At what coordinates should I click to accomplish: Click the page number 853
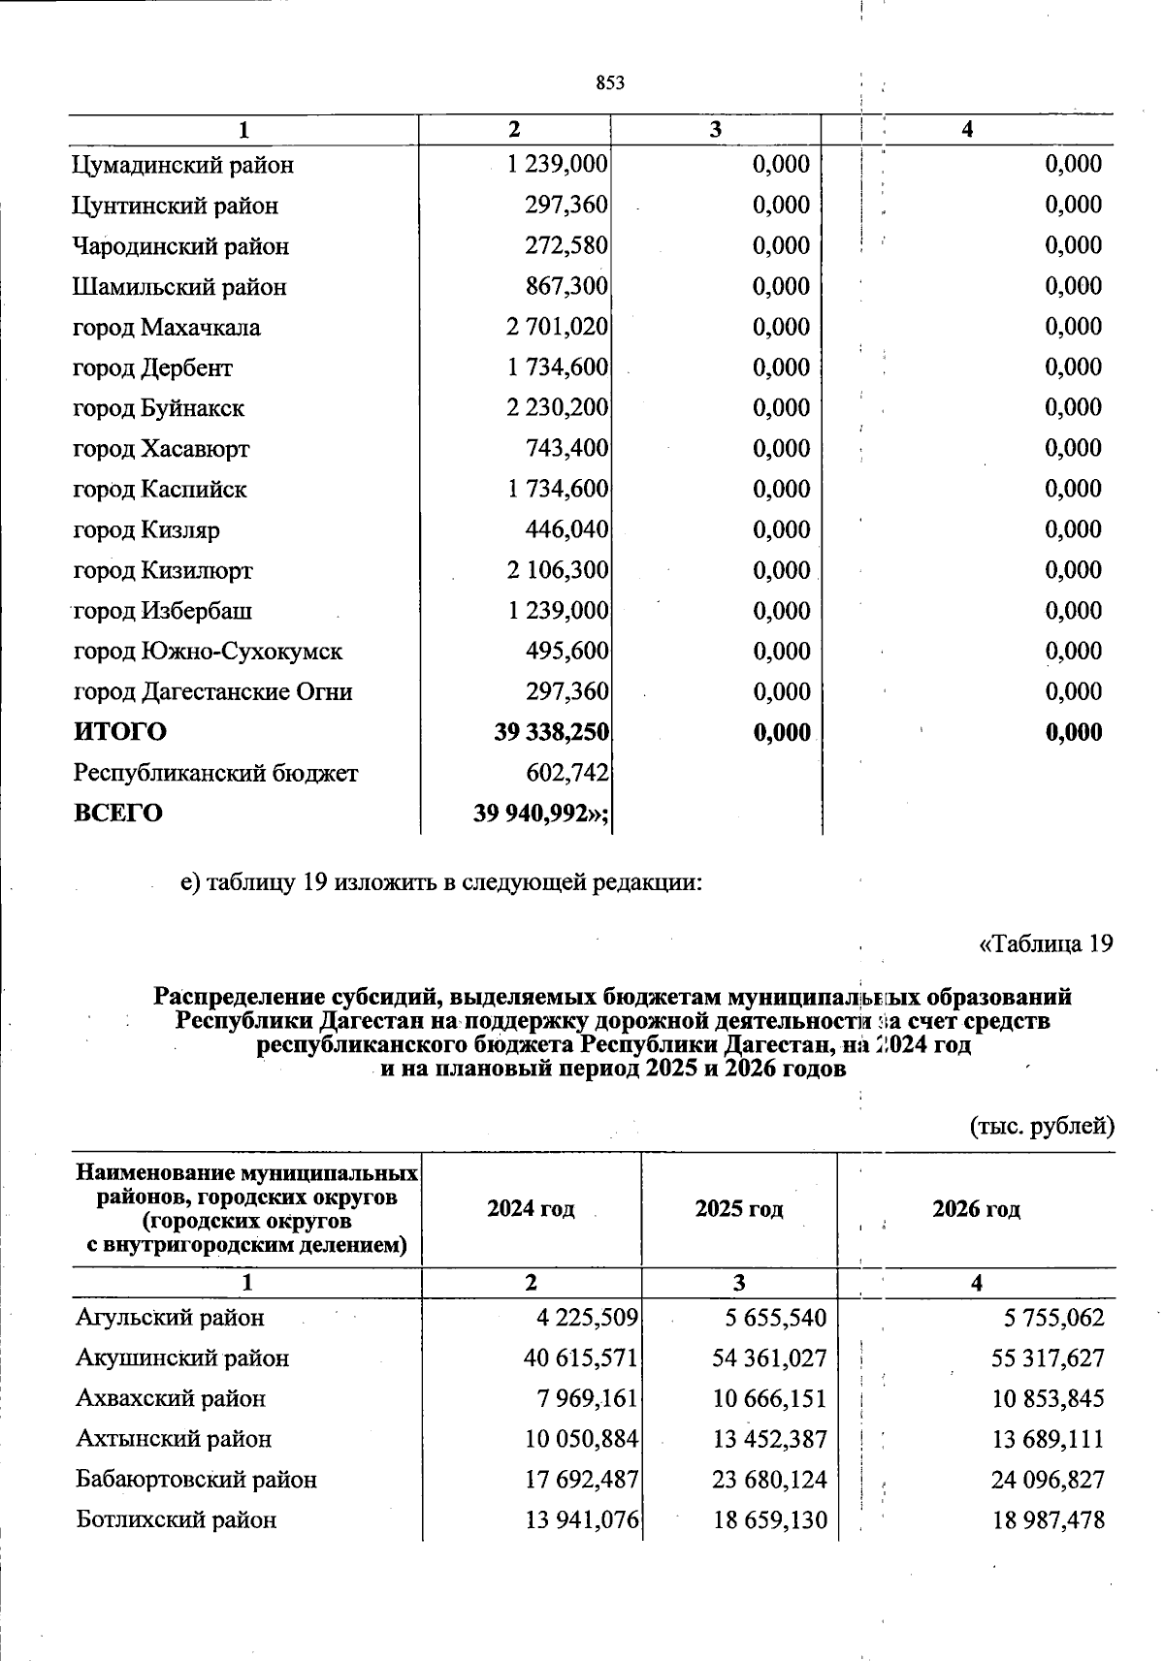pos(610,83)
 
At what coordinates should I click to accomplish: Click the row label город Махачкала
pos(167,328)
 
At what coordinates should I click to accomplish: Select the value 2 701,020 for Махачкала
pos(557,327)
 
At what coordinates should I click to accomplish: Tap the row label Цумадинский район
pos(182,165)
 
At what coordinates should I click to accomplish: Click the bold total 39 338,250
pos(552,732)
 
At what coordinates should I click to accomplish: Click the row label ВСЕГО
pos(118,813)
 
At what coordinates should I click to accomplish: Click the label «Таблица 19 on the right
pos(1045,943)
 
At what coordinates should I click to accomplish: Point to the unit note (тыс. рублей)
pos(1043,1126)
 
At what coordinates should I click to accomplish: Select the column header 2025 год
pos(739,1209)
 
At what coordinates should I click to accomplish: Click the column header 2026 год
pos(976,1209)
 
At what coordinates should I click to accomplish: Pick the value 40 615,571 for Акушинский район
pos(580,1358)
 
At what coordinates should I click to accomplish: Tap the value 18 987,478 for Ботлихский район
pos(1048,1520)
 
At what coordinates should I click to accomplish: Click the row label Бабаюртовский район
pos(196,1480)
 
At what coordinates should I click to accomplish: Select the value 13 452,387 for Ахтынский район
pos(769,1439)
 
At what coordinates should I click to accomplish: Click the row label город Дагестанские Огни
pos(212,692)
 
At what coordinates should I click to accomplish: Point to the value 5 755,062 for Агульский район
pos(1053,1318)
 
